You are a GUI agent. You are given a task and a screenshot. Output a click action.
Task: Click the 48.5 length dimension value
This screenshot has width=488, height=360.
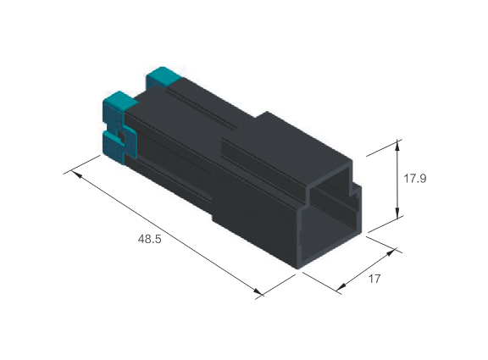[149, 239]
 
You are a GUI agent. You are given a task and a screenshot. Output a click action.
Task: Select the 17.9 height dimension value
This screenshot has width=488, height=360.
[415, 179]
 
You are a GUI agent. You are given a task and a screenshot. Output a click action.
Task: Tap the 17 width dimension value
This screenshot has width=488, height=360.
[374, 279]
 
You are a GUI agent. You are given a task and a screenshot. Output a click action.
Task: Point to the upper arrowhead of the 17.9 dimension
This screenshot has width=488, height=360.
[397, 146]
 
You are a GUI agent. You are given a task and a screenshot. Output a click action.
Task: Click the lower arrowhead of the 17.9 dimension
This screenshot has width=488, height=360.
[397, 213]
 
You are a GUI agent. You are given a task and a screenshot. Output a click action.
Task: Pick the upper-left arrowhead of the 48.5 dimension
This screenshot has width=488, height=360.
[76, 174]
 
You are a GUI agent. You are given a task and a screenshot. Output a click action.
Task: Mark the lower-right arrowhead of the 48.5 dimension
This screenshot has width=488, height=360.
[258, 291]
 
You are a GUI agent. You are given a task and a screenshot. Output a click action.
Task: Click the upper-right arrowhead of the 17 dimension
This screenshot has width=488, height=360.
[391, 252]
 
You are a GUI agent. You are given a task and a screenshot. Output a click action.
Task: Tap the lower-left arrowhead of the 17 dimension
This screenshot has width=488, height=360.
[341, 286]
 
